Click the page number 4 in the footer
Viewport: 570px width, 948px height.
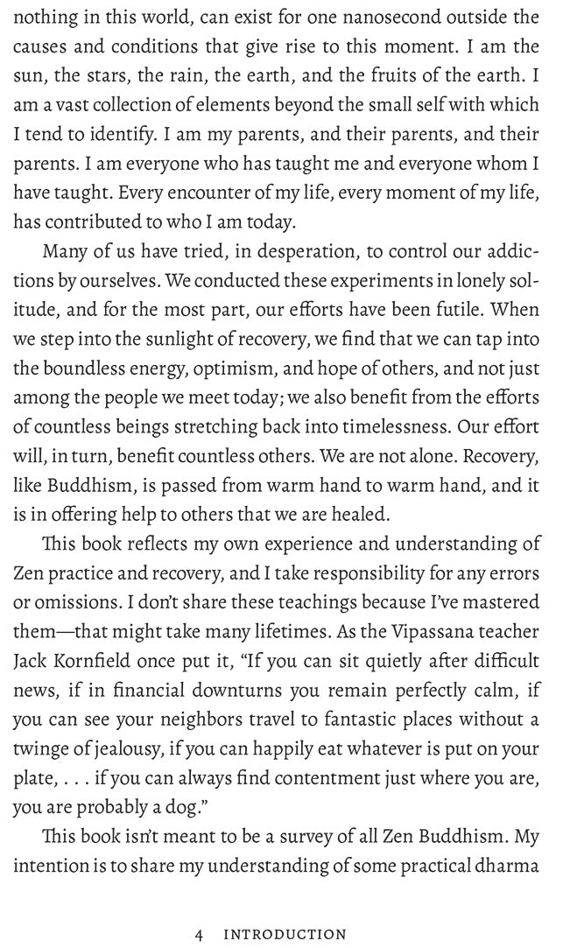coord(200,934)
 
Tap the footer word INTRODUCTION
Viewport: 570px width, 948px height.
coord(285,934)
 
